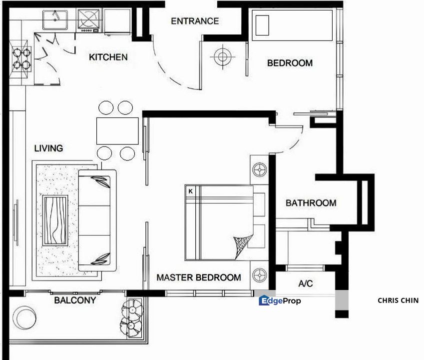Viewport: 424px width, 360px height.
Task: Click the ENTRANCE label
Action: pos(195,21)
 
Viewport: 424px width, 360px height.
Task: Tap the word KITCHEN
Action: pos(108,57)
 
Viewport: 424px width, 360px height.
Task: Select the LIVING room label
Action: pos(48,148)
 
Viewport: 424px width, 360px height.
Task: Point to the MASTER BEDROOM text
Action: pos(199,277)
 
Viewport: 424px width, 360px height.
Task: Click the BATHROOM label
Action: pos(311,203)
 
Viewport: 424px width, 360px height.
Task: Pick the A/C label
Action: pos(306,283)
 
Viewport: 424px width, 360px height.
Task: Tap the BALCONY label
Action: pos(75,300)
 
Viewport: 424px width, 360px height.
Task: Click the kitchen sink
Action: pos(55,19)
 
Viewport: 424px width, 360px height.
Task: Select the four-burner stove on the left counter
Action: pos(21,58)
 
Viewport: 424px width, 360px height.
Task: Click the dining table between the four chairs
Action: pos(118,130)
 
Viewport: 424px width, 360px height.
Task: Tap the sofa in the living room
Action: pos(97,220)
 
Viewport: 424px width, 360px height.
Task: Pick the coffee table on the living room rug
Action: pos(55,220)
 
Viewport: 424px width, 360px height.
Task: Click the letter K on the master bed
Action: pos(191,191)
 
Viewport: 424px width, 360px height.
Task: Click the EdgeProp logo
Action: pos(280,300)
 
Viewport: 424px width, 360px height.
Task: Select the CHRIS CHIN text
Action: pos(398,300)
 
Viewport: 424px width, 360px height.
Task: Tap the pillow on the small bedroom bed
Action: pos(262,25)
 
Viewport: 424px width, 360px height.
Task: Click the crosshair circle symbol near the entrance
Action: pos(223,57)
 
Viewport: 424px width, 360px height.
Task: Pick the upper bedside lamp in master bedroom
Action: pos(260,170)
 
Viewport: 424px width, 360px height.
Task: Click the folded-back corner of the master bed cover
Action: pos(242,245)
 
